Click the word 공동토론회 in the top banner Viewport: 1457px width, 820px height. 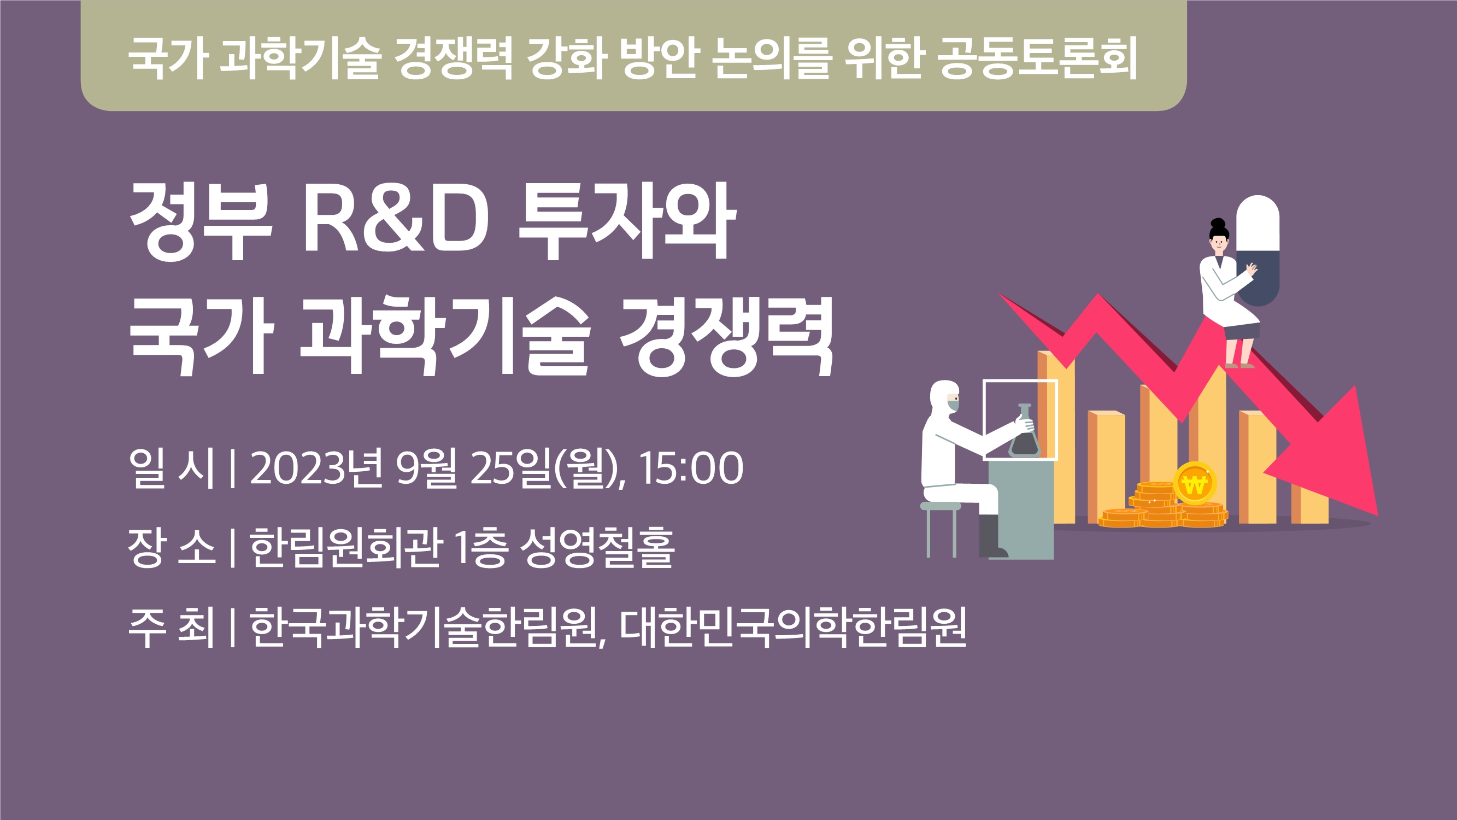[1038, 58]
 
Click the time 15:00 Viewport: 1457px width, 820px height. [691, 468]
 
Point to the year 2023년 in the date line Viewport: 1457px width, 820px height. [317, 468]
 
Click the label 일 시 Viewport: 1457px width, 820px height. [172, 468]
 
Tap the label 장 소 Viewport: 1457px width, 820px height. [172, 547]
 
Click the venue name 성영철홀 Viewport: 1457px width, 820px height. [597, 547]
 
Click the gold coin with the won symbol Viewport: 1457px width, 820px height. [1195, 483]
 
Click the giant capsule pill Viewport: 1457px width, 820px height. [1258, 251]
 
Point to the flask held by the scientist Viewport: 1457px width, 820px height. [1024, 430]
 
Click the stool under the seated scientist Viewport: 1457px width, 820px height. [941, 529]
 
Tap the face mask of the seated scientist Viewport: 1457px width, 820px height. [953, 404]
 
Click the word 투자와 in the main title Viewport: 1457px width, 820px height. [627, 222]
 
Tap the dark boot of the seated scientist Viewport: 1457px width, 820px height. [991, 536]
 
